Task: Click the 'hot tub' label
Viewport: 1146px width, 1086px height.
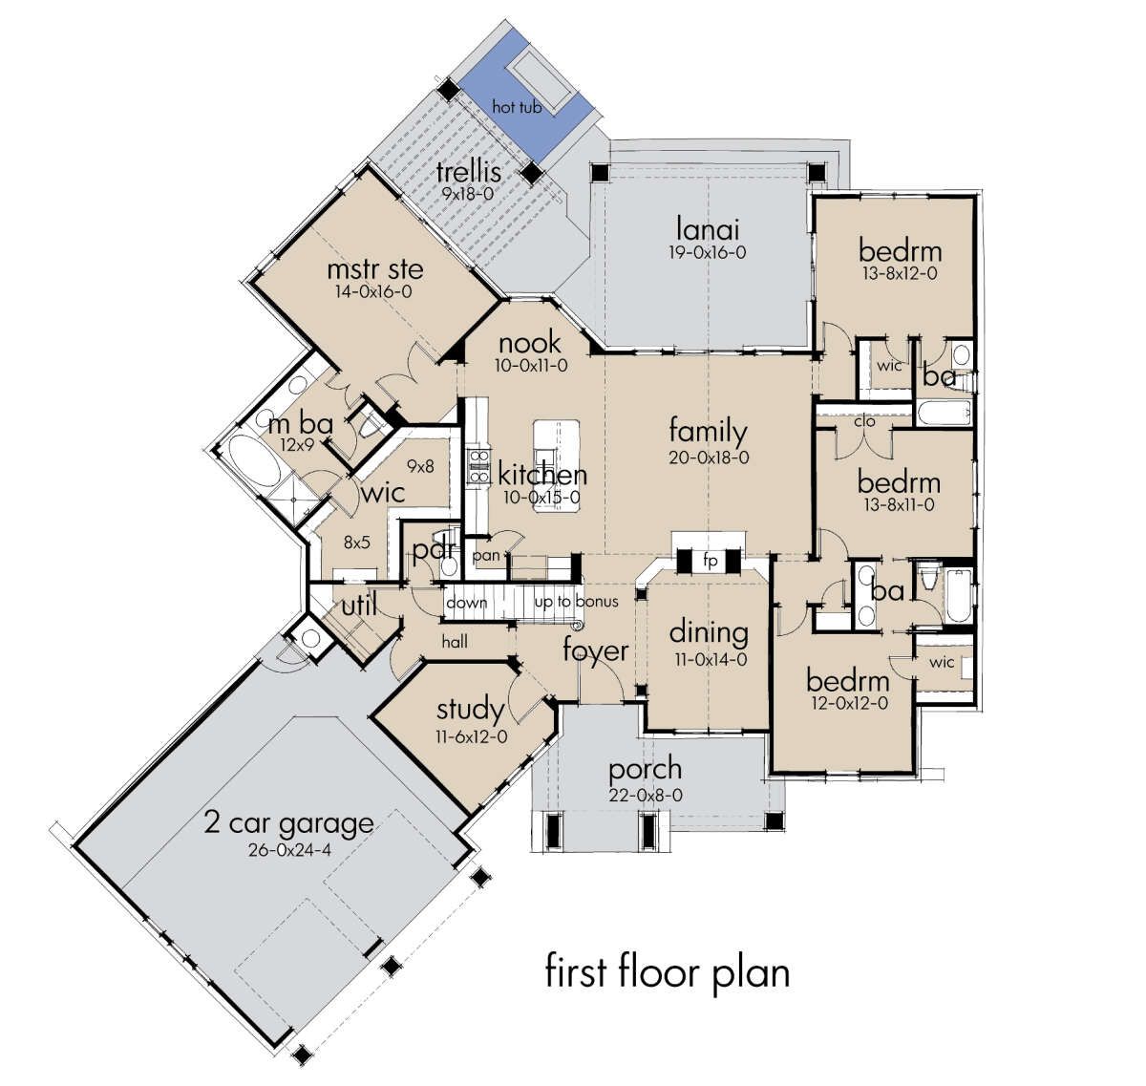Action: click(517, 107)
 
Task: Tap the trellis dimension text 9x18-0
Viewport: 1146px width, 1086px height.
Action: click(468, 194)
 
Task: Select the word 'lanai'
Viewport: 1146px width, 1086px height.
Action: click(708, 228)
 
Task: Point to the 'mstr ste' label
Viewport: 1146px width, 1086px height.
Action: click(374, 269)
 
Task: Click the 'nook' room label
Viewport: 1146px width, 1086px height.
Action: click(530, 343)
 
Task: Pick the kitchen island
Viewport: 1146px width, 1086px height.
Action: click(557, 466)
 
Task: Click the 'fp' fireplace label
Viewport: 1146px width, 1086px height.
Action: click(710, 561)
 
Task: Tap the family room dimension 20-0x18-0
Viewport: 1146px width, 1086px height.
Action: click(709, 458)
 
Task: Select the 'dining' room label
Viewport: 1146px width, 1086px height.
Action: click(709, 632)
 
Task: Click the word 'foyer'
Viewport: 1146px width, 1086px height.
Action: click(596, 652)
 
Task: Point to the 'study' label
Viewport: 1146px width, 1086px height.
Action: click(470, 711)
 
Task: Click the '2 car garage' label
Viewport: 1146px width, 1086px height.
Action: click(288, 824)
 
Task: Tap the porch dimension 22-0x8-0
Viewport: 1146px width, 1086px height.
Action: click(646, 795)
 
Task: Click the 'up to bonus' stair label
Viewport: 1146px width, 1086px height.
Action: click(577, 602)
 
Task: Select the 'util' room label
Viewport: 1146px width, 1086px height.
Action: click(359, 606)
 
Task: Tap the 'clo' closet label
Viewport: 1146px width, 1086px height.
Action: click(864, 420)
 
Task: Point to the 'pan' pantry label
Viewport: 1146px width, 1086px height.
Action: click(486, 556)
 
